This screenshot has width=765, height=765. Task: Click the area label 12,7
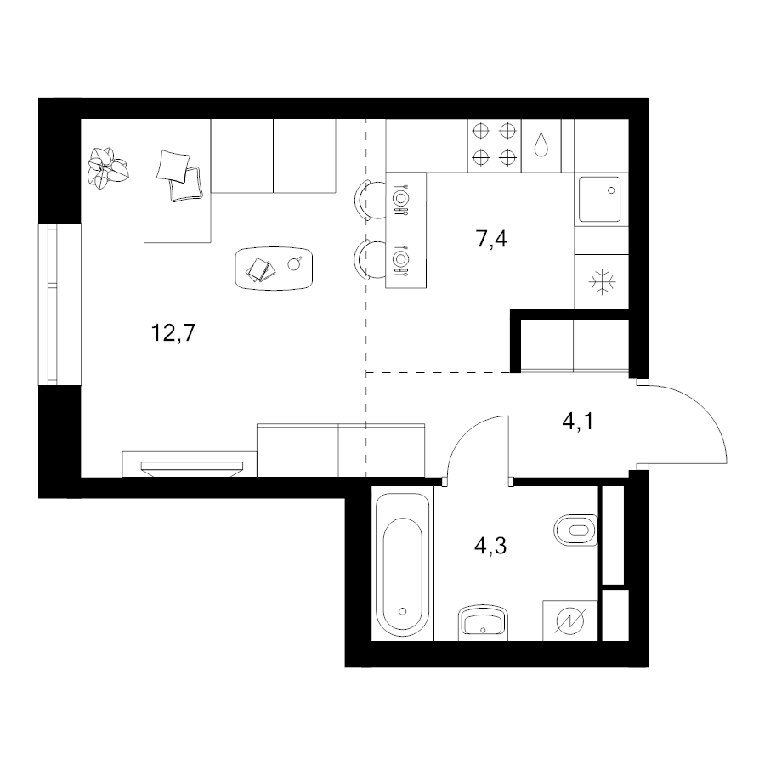tap(173, 333)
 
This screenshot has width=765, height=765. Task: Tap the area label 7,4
tap(491, 239)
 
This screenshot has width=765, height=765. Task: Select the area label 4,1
tap(578, 421)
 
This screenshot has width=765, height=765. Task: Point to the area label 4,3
tap(490, 546)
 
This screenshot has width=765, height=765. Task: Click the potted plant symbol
tap(108, 167)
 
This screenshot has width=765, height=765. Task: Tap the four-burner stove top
tap(494, 144)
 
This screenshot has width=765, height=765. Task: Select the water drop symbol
tap(541, 144)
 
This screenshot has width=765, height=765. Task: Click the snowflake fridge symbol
tap(602, 281)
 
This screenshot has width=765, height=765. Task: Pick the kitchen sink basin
tap(599, 200)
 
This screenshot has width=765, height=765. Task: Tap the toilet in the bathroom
tap(575, 530)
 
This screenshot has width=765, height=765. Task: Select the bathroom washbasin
tap(483, 623)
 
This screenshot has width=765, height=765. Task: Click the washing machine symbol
tap(569, 620)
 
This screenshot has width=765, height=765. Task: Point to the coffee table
tap(274, 269)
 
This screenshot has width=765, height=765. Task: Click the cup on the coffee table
tap(294, 264)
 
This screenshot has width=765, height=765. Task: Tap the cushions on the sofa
tap(179, 175)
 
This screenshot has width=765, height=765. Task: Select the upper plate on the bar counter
tap(400, 199)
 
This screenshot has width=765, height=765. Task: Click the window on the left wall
tap(59, 304)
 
